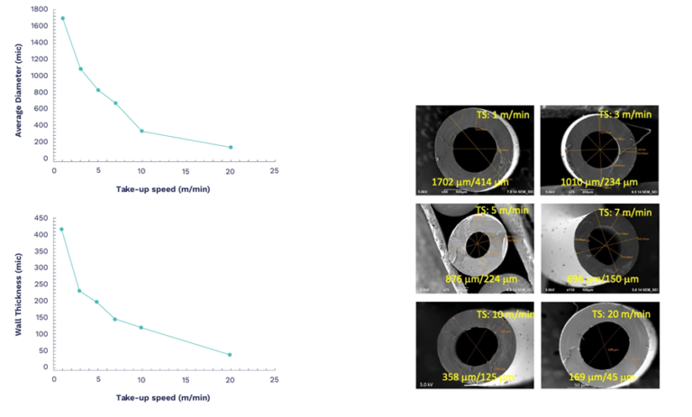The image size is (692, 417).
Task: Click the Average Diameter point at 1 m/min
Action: click(x=62, y=18)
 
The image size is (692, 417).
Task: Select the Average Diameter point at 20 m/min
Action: click(x=231, y=147)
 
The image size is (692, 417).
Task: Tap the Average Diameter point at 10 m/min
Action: click(x=141, y=131)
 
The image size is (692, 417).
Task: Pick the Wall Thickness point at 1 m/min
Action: click(x=61, y=229)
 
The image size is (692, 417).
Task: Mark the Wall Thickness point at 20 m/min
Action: click(x=230, y=355)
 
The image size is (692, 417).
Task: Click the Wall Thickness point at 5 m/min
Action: click(x=96, y=302)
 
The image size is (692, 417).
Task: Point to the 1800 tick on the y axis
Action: click(x=40, y=9)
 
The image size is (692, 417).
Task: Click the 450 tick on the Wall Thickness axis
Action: click(x=41, y=218)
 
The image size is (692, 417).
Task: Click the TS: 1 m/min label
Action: click(x=505, y=115)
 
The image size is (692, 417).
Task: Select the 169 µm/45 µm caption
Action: click(x=599, y=376)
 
